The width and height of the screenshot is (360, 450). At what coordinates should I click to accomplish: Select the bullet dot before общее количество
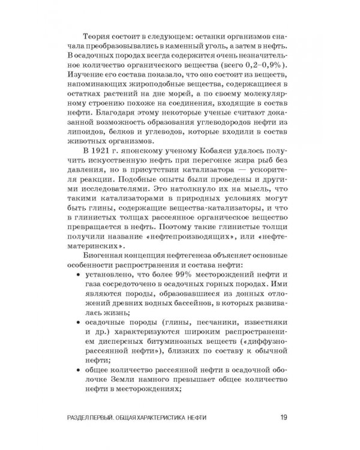click(x=81, y=367)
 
